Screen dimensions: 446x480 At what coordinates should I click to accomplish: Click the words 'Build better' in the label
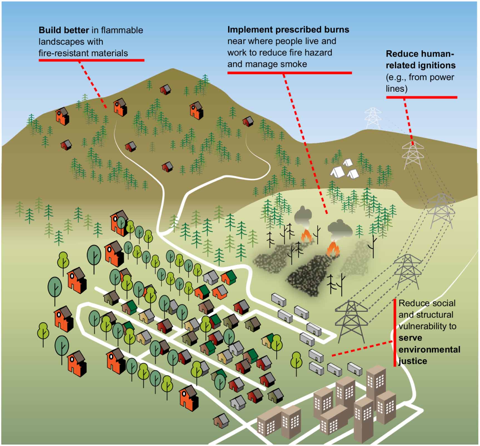pos(64,30)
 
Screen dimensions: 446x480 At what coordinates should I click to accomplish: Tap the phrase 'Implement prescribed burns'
pos(288,29)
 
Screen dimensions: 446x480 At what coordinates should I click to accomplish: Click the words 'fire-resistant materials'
pos(83,53)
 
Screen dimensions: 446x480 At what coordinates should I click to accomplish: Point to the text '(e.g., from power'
pos(420,77)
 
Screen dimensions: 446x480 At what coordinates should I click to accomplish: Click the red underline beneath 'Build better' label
pos(91,60)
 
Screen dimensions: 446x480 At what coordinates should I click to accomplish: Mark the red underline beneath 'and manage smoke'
pos(289,73)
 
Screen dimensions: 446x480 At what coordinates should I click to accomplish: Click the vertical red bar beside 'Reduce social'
pos(395,333)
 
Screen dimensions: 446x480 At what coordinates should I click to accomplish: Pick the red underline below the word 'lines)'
pos(421,97)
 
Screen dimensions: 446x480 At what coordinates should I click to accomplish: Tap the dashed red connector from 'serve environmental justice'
pos(362,348)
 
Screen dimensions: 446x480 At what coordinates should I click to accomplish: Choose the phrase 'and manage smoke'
pos(267,64)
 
